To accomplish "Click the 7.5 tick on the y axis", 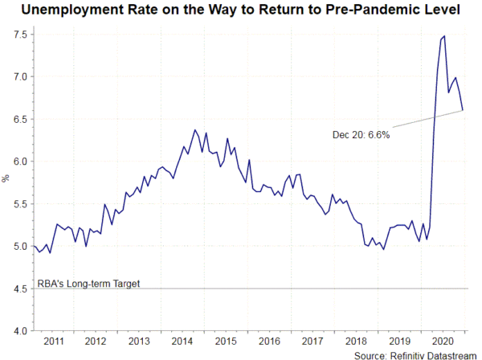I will [18, 35].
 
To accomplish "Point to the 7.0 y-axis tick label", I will [18, 77].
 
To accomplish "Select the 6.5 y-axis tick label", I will [18, 119].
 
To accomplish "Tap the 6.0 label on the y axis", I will [18, 162].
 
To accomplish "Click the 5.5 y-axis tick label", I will [18, 204].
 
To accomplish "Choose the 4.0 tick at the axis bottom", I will [18, 330].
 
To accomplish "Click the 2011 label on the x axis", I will [54, 340].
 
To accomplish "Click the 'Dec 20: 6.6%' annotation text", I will [361, 134].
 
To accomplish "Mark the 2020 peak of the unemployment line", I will [444, 35].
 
